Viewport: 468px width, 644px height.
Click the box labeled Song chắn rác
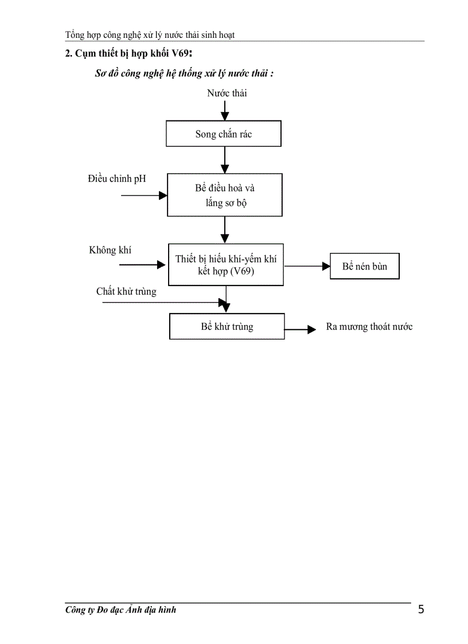[224, 134]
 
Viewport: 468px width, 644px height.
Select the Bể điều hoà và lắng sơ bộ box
[224, 196]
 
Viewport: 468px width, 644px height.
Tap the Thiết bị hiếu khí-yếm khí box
[226, 264]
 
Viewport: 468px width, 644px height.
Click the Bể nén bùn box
[364, 267]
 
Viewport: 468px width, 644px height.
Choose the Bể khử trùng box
[227, 326]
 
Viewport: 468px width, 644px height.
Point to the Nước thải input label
[227, 93]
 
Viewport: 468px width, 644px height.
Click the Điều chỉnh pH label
[117, 179]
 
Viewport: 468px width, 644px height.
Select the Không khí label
[110, 250]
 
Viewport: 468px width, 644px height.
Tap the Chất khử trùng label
[126, 291]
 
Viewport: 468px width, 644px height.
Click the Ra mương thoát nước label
[369, 327]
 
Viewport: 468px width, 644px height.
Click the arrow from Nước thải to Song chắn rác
[225, 109]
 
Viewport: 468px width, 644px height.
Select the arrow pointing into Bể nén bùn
[307, 266]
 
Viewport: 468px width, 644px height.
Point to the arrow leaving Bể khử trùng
[301, 329]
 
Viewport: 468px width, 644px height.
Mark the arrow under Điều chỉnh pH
[144, 195]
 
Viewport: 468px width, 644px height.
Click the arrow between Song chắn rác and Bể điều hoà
[225, 161]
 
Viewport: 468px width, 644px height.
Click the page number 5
[421, 610]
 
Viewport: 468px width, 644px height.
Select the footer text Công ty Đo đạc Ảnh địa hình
[120, 610]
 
